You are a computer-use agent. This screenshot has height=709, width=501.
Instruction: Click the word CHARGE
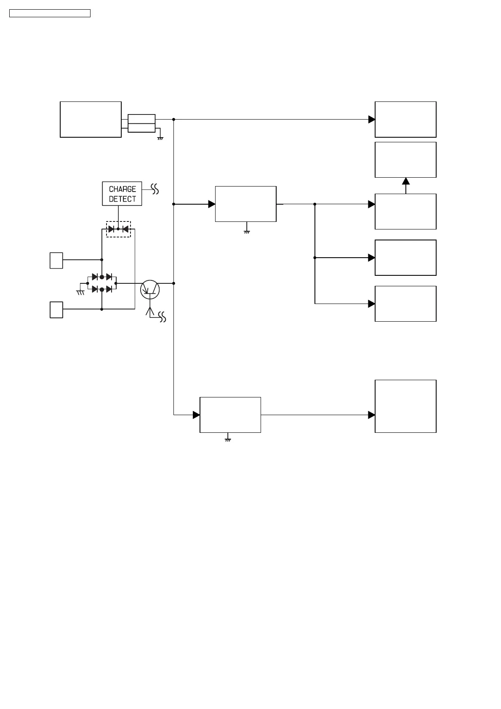coord(122,189)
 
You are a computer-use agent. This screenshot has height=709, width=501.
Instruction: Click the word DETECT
coord(122,199)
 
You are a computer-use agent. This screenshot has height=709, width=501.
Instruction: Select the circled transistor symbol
coord(150,289)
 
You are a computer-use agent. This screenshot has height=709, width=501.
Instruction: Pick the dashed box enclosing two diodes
coord(118,229)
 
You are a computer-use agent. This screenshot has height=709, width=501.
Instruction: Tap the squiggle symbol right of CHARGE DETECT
coord(155,189)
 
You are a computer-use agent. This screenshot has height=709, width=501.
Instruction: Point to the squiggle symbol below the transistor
coord(162,317)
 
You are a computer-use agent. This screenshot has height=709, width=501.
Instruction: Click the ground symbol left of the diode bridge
coord(80,292)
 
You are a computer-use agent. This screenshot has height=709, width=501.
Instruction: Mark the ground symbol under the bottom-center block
coord(228,440)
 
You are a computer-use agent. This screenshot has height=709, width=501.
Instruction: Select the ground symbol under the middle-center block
coord(247,231)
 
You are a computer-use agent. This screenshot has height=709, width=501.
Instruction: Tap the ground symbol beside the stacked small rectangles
coord(160,138)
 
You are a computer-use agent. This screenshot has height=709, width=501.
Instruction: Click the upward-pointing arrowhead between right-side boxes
coord(406,181)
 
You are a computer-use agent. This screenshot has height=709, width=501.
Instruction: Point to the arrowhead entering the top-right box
coord(372,120)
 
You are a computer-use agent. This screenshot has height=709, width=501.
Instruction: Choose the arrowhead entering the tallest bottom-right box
coord(372,415)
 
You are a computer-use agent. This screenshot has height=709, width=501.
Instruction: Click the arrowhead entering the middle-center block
coord(212,204)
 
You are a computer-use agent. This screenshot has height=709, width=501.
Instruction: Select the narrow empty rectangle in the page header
coord(50,13)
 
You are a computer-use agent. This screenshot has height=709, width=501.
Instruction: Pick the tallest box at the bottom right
coord(405,406)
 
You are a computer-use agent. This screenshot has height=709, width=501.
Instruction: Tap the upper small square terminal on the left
coord(56,261)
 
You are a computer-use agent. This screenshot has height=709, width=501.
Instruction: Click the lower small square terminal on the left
coord(56,310)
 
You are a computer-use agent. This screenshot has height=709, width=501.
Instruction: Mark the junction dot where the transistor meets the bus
coord(173,283)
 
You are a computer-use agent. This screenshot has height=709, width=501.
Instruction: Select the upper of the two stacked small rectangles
coord(141,119)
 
